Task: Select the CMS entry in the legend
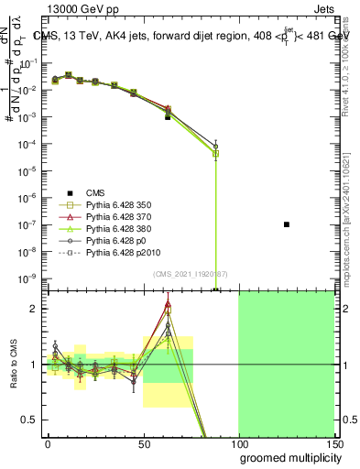pyautogui.click(x=95, y=191)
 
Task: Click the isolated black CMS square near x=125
pyautogui.click(x=287, y=224)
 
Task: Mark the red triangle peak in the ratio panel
pyautogui.click(x=168, y=304)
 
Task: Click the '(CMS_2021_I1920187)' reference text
pyautogui.click(x=190, y=274)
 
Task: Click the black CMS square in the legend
pyautogui.click(x=67, y=192)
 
